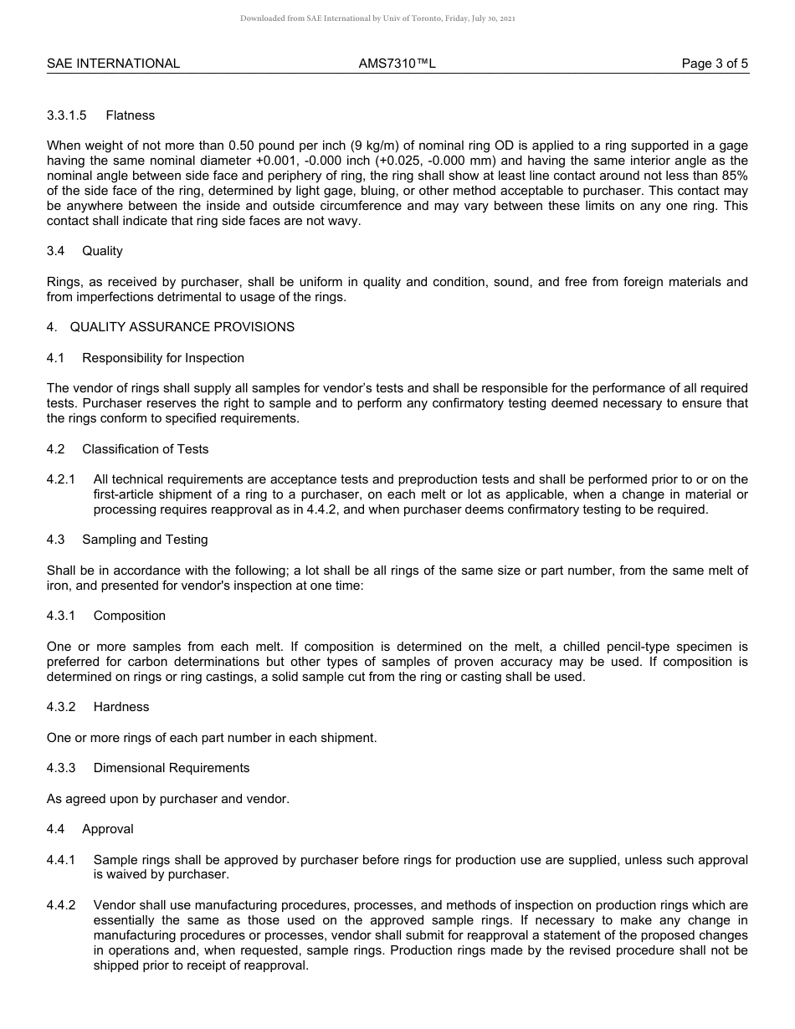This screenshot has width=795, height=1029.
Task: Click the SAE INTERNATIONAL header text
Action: pyautogui.click(x=113, y=64)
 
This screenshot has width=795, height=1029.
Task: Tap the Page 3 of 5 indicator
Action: pyautogui.click(x=715, y=64)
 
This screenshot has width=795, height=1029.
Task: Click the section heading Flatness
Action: pyautogui.click(x=130, y=115)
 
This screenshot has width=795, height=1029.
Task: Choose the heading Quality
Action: pyautogui.click(x=102, y=251)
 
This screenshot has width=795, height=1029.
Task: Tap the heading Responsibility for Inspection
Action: pyautogui.click(x=163, y=358)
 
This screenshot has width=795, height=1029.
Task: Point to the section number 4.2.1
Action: pyautogui.click(x=61, y=479)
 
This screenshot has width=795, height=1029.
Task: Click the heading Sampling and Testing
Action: pyautogui.click(x=145, y=540)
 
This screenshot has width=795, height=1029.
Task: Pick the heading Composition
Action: pyautogui.click(x=130, y=616)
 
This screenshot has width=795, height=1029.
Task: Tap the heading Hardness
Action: pyautogui.click(x=121, y=707)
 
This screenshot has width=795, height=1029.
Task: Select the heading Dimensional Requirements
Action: pyautogui.click(x=172, y=768)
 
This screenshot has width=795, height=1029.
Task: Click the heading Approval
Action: pyautogui.click(x=108, y=829)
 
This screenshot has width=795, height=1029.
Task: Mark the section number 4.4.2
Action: pyautogui.click(x=61, y=905)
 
